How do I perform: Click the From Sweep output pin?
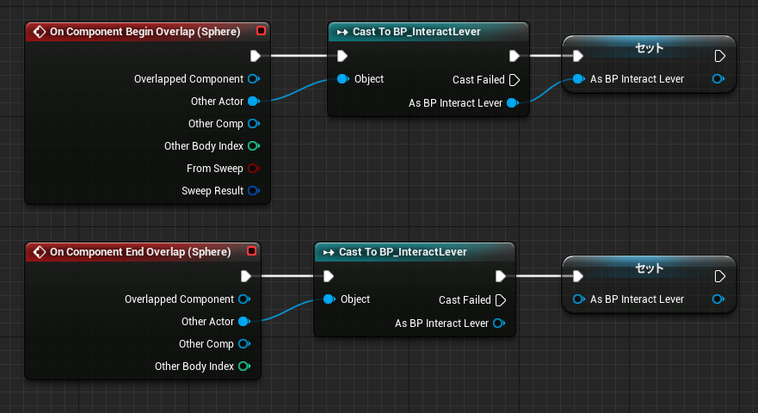click(x=254, y=169)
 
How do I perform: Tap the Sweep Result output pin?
click(x=254, y=190)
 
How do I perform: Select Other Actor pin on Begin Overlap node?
click(x=254, y=101)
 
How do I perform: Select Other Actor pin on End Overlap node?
click(x=244, y=322)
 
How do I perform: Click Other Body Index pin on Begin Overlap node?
click(x=254, y=145)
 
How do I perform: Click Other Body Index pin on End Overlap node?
click(x=244, y=366)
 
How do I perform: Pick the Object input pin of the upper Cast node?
click(x=342, y=79)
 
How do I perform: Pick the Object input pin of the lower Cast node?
click(x=330, y=299)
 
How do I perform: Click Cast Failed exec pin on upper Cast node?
click(x=515, y=80)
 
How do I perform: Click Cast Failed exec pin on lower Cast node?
click(x=501, y=300)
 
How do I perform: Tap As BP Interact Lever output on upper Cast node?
click(x=513, y=103)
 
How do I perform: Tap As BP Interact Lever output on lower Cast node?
click(x=499, y=324)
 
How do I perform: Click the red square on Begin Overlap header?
click(x=261, y=31)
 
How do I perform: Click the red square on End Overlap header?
click(x=251, y=251)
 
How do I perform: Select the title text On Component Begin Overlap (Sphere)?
click(x=145, y=32)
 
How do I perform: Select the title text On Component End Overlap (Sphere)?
click(x=140, y=252)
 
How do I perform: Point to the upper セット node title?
click(x=649, y=48)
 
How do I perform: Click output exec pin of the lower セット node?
click(x=719, y=276)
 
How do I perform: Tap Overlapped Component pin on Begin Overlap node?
click(x=254, y=79)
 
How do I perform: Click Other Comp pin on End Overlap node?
click(x=244, y=344)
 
